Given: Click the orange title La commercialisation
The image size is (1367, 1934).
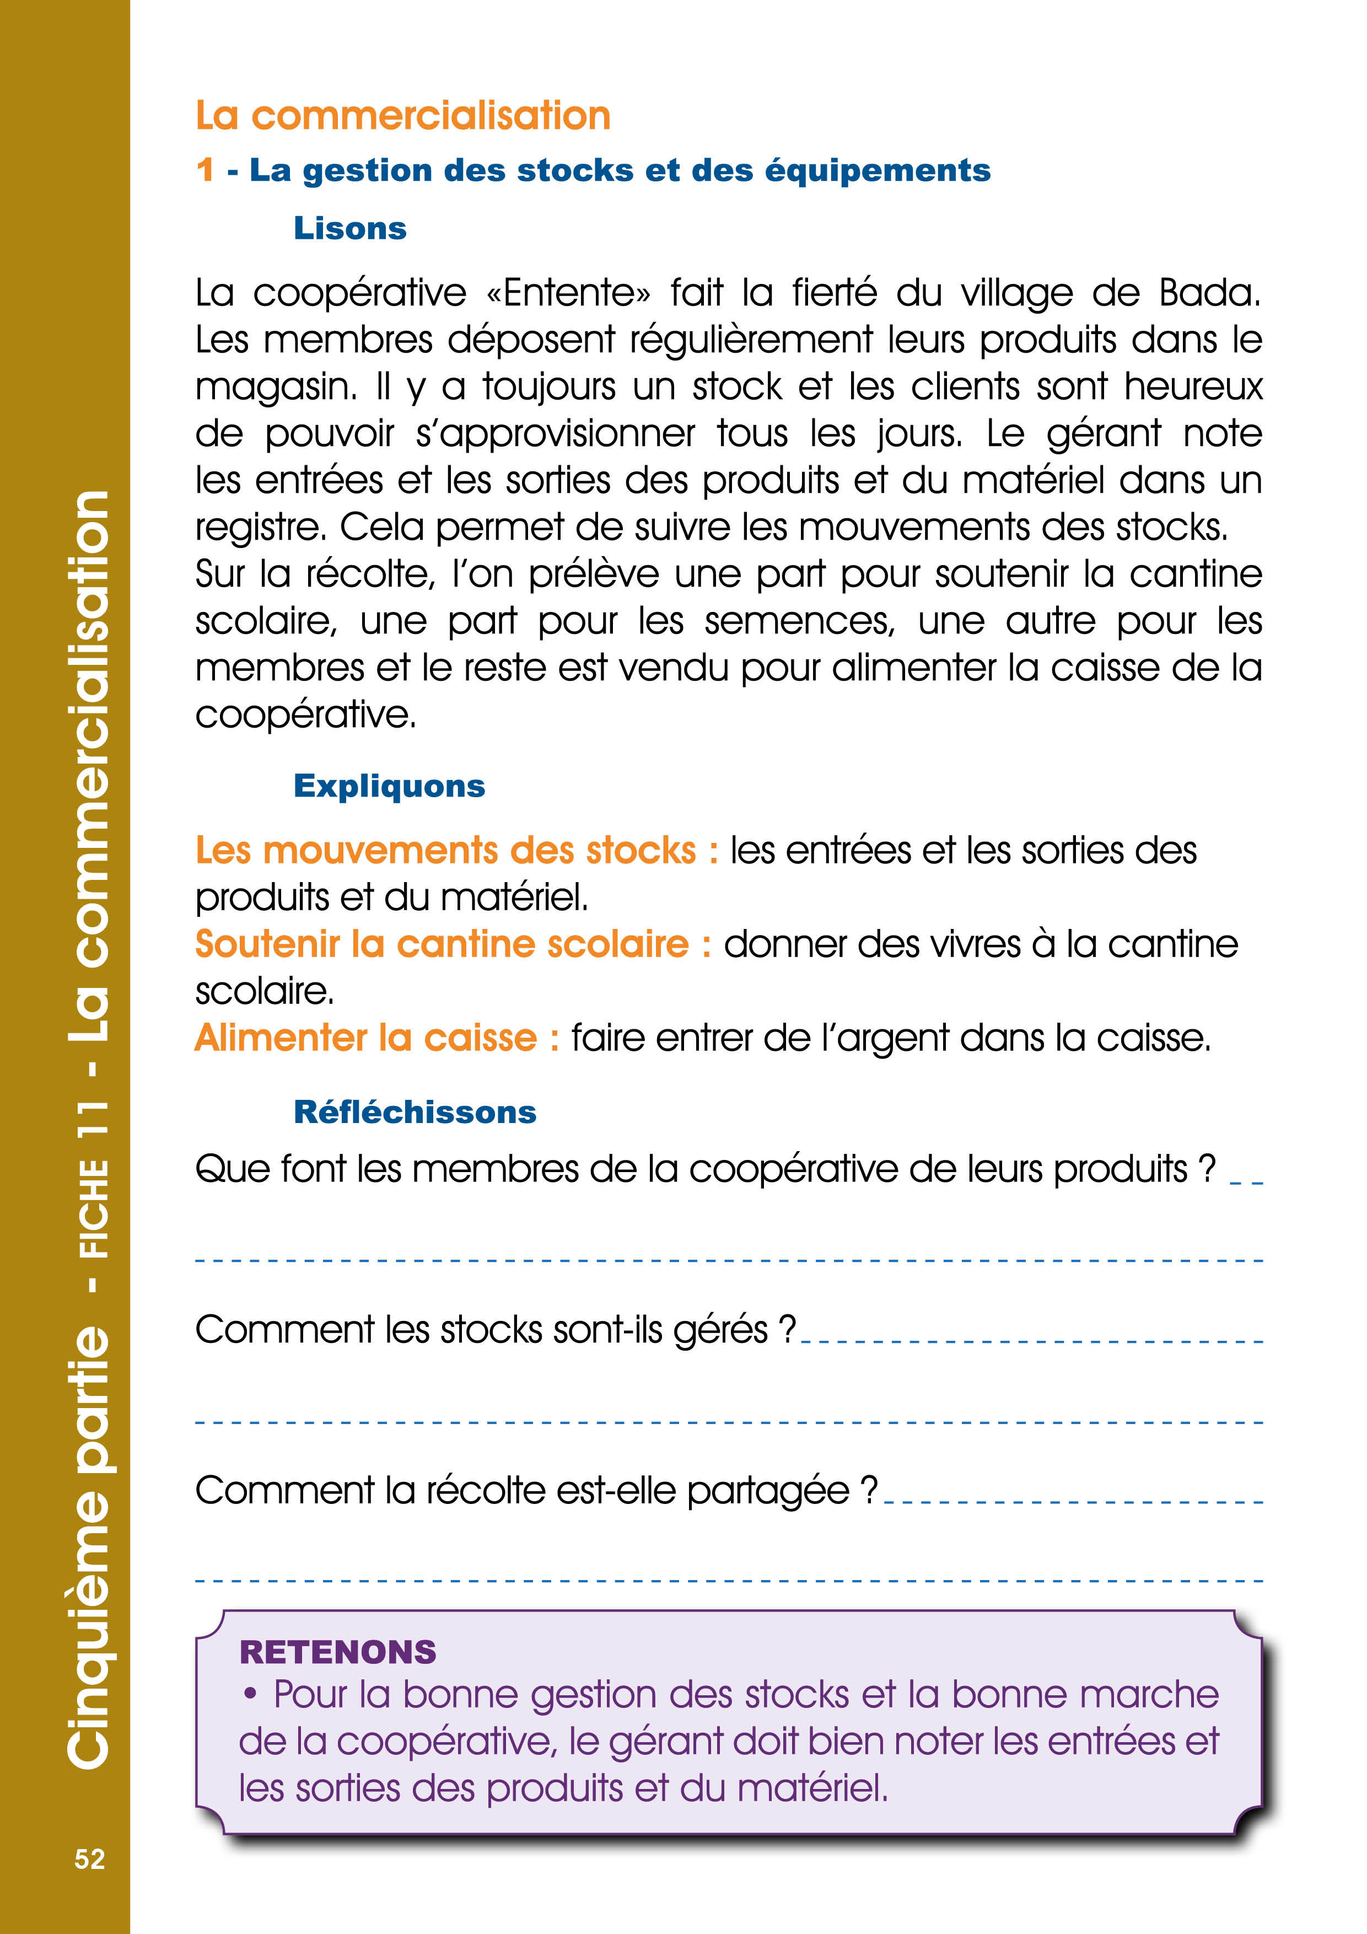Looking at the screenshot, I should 402,115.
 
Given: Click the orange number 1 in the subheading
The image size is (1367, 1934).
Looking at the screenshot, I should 204,170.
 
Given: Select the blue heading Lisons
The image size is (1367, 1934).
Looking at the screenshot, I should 349,228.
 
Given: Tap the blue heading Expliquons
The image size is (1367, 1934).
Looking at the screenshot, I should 389,786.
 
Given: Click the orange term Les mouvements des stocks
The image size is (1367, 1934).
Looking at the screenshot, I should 446,850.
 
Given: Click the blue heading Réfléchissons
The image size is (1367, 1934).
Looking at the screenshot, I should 415,1112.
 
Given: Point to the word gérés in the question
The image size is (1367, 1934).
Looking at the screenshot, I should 720,1331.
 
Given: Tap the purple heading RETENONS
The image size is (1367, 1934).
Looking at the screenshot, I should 338,1652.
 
